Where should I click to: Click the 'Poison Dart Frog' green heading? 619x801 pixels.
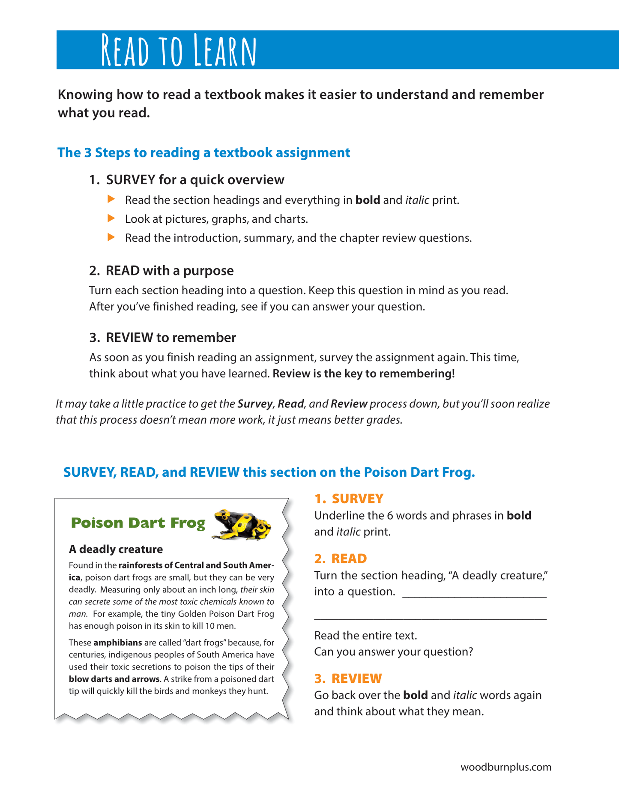tap(138, 523)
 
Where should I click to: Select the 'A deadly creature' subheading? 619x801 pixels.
tap(116, 549)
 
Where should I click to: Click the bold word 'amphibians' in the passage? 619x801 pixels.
tap(118, 643)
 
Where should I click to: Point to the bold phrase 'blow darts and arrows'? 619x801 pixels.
tap(114, 679)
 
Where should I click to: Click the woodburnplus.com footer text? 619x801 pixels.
tap(506, 767)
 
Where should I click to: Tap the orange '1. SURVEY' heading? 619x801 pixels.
tap(349, 499)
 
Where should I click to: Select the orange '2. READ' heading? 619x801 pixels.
tap(341, 559)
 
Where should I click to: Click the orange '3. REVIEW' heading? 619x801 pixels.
tap(348, 678)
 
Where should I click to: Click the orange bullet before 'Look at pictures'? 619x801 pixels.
tap(111, 218)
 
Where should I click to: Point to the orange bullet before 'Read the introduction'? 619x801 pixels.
tap(111, 237)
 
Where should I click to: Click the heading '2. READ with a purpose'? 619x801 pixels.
tap(161, 271)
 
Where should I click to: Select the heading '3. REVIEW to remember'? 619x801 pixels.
tap(162, 338)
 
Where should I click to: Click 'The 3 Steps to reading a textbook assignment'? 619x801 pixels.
tap(204, 152)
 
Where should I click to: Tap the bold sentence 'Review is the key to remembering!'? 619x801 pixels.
tap(363, 374)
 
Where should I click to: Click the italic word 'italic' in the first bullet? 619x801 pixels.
tap(417, 200)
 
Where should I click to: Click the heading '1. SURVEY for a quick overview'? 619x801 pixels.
tap(187, 180)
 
